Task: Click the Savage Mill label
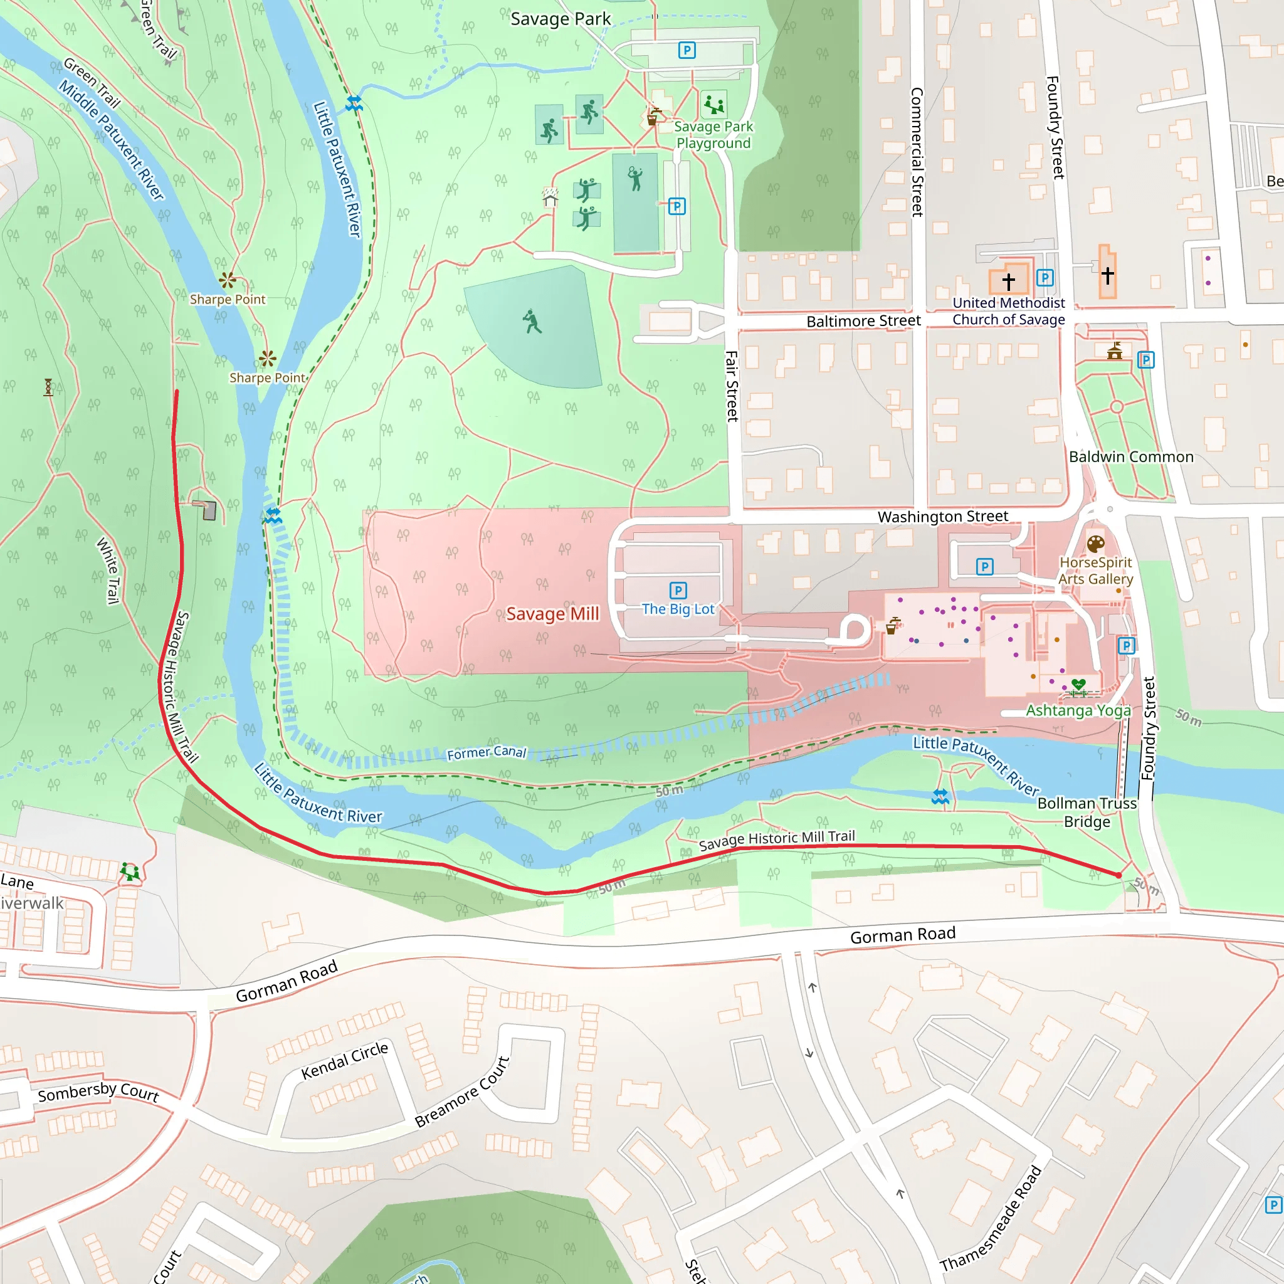(x=552, y=613)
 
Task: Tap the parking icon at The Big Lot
(x=678, y=590)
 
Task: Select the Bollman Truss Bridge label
(x=1087, y=812)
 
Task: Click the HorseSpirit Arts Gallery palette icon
(x=1096, y=545)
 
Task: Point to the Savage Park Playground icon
(x=713, y=103)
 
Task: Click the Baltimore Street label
(x=863, y=321)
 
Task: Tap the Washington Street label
(x=942, y=517)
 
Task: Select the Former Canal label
(x=487, y=752)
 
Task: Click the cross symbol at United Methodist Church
(x=1008, y=281)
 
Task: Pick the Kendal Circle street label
(x=344, y=1061)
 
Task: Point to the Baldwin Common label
(x=1131, y=456)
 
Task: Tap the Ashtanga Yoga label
(x=1078, y=710)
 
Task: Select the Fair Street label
(x=732, y=386)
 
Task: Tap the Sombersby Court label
(x=98, y=1092)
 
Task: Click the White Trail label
(x=108, y=571)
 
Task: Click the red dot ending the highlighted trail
(x=1118, y=875)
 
